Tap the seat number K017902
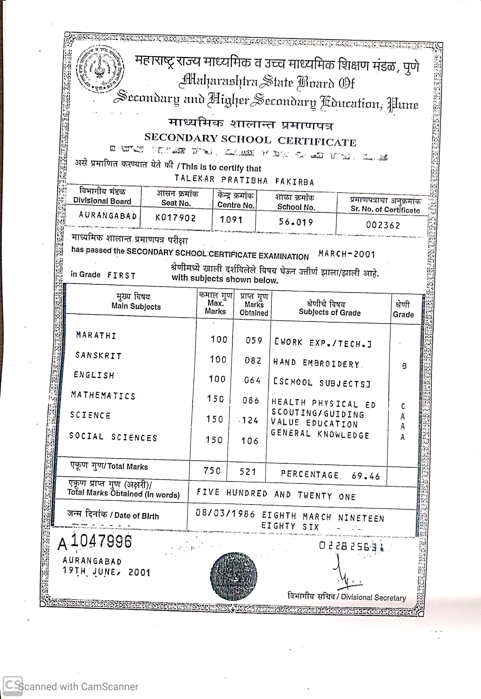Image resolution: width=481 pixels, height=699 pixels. pos(175,218)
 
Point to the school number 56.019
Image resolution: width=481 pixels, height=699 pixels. pos(296,222)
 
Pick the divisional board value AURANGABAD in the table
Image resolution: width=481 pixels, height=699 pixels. pos(108,216)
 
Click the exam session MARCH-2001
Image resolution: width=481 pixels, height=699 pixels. pos(347,254)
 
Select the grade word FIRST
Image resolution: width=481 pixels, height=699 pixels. pos(121,275)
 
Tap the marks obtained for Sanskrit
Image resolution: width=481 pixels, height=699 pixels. pos(253,360)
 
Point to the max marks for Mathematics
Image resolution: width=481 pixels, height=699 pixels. pos(215,399)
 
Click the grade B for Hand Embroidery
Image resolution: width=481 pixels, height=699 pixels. pos(404,366)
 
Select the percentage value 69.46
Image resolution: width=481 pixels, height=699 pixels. pos(366,476)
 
